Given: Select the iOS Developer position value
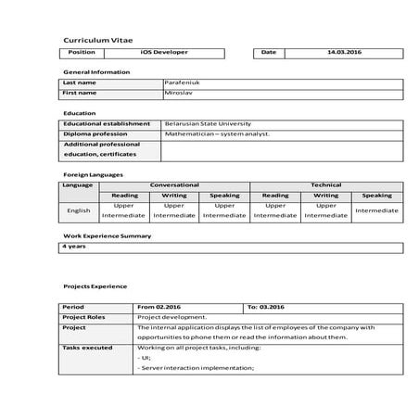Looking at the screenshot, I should (162, 53).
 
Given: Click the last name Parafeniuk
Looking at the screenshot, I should (181, 83).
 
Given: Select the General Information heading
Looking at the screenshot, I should (96, 71).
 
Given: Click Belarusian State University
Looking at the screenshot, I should (207, 123).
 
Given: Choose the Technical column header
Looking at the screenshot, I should (325, 184).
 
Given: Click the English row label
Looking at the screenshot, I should (79, 210).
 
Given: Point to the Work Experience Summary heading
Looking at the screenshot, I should (107, 235).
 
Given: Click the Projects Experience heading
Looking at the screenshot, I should (95, 286).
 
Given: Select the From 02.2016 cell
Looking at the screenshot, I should (157, 306).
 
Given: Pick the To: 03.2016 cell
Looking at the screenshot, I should (265, 306).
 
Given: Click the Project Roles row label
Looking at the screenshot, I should (83, 316).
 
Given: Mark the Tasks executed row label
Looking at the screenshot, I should (87, 348).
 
